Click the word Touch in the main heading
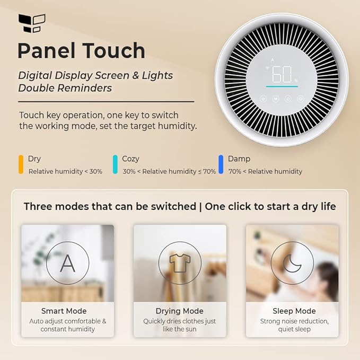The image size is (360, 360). coord(115,51)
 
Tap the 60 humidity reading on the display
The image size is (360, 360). coord(281,74)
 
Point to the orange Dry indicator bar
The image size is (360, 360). coord(21,164)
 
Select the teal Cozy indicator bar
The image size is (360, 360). coord(115,164)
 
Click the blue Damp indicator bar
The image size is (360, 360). coord(221,164)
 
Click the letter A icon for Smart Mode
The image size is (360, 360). coord(67,263)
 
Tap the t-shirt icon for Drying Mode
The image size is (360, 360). coord(180,263)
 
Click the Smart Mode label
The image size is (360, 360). coord(64,311)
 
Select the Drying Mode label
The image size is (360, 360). coord(180,311)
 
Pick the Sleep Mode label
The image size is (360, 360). coord(294,311)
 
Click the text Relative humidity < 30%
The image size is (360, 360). coord(65,171)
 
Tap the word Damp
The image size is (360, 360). coord(239,159)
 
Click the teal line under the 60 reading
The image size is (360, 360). coord(282,86)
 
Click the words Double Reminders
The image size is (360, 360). coord(65,88)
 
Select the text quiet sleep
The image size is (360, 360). coord(294,329)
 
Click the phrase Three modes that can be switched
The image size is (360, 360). coord(110,206)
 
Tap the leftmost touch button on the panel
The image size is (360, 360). coord(262,99)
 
